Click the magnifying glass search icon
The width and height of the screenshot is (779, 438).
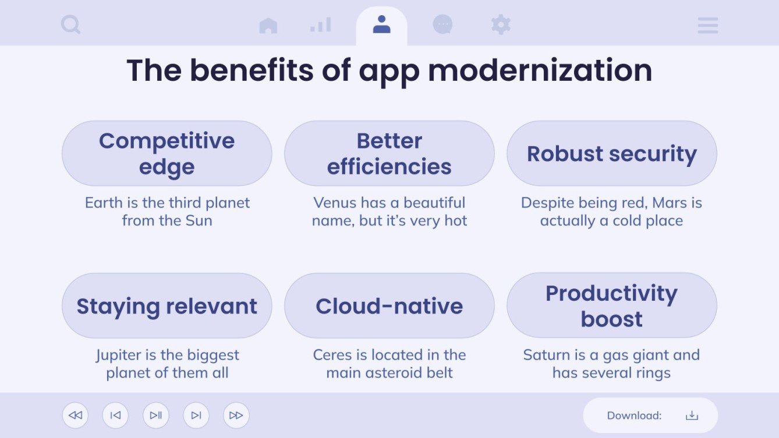pyautogui.click(x=70, y=25)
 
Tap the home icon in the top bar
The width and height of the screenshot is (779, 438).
pyautogui.click(x=268, y=25)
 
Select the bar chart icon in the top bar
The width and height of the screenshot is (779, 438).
pyautogui.click(x=320, y=24)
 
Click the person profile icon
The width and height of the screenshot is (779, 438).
pyautogui.click(x=381, y=24)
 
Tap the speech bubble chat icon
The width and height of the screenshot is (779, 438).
pyautogui.click(x=442, y=24)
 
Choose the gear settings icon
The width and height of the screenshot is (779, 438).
pyautogui.click(x=501, y=24)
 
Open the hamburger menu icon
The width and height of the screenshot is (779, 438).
pyautogui.click(x=707, y=25)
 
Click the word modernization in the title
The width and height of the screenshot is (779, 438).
pyautogui.click(x=540, y=70)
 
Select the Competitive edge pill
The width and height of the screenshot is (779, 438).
pyautogui.click(x=167, y=154)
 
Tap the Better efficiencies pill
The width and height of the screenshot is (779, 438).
pyautogui.click(x=389, y=154)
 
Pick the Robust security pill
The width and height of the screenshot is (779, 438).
pyautogui.click(x=611, y=154)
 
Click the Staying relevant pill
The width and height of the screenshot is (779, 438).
pyautogui.click(x=167, y=306)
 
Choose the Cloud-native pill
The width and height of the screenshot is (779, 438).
pyautogui.click(x=389, y=306)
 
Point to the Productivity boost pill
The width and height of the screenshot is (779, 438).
pyautogui.click(x=611, y=306)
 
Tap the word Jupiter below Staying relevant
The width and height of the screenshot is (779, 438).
pyautogui.click(x=118, y=355)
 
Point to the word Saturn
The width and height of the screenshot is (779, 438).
pyautogui.click(x=546, y=355)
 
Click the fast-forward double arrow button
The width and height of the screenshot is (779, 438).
pyautogui.click(x=236, y=415)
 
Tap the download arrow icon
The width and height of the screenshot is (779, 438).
pyautogui.click(x=692, y=415)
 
